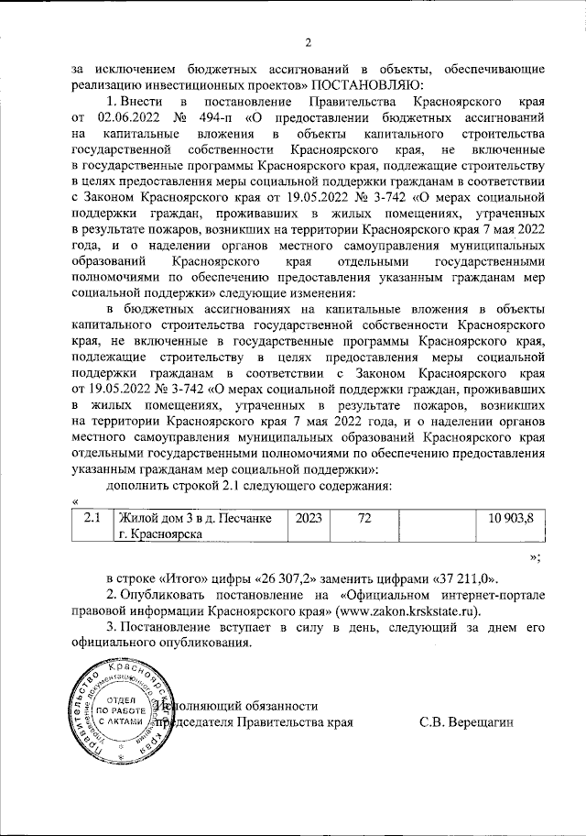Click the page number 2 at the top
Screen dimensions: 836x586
pos(309,41)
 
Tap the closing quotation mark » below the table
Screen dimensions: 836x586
pos(537,556)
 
